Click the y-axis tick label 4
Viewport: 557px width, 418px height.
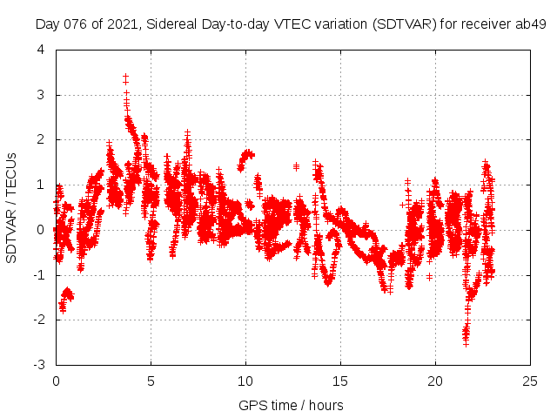tap(42, 50)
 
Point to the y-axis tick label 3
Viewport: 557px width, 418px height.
tap(42, 95)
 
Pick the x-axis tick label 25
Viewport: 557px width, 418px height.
tap(530, 381)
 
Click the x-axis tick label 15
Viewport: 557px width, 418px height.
tap(340, 381)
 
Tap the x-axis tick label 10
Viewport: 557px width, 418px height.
tap(245, 381)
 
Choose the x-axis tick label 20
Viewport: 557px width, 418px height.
tap(435, 381)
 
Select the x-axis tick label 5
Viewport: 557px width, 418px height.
tap(151, 381)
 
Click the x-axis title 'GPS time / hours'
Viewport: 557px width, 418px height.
tap(291, 405)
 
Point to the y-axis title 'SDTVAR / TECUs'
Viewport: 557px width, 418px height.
tap(12, 206)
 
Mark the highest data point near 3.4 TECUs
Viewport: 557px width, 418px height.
tap(125, 77)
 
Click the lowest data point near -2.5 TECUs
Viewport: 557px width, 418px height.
tap(466, 344)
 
